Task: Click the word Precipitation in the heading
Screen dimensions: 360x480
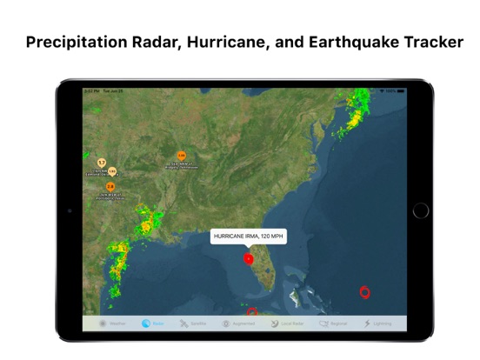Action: (x=77, y=41)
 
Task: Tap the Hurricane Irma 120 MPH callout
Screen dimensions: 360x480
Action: (x=249, y=236)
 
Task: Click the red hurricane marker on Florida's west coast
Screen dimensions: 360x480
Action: (x=249, y=258)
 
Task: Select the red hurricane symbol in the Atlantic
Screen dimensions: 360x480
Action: (x=364, y=292)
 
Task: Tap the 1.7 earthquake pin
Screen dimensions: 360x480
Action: (x=102, y=163)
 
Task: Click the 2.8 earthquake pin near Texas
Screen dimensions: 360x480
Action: (x=110, y=186)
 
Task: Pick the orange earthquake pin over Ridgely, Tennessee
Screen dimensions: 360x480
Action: (x=182, y=157)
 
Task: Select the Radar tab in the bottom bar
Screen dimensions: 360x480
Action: (x=153, y=323)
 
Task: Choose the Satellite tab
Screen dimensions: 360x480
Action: (x=193, y=323)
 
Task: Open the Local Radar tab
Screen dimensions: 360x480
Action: (x=286, y=323)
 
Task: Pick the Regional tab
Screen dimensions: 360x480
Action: (x=333, y=323)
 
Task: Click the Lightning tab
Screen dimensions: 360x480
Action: (x=377, y=323)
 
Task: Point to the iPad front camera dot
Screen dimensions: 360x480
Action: (x=70, y=210)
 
